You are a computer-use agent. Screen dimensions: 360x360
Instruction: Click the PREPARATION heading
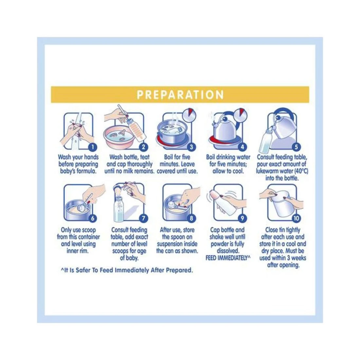pyautogui.click(x=180, y=95)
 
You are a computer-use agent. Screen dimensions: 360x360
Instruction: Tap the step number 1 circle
pyautogui.click(x=93, y=147)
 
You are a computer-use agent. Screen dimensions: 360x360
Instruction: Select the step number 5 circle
pyautogui.click(x=296, y=147)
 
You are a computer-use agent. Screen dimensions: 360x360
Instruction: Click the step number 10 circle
pyautogui.click(x=296, y=218)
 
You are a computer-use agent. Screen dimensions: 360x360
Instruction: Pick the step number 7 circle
pyautogui.click(x=143, y=218)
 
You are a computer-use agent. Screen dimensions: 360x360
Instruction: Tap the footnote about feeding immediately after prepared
pyautogui.click(x=127, y=270)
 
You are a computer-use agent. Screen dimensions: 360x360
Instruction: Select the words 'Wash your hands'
pyautogui.click(x=78, y=157)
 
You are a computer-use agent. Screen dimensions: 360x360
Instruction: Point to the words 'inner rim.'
pyautogui.click(x=78, y=251)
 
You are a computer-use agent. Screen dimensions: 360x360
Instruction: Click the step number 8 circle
pyautogui.click(x=191, y=218)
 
